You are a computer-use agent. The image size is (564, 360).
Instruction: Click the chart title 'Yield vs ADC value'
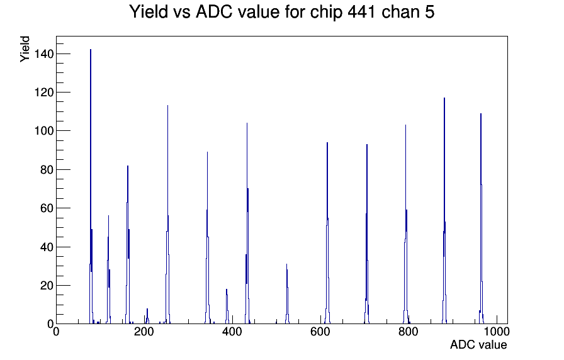(205, 11)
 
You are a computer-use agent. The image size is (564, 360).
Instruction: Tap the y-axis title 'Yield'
(25, 49)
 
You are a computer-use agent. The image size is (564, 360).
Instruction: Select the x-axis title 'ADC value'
(478, 344)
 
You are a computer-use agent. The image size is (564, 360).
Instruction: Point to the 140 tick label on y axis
(43, 54)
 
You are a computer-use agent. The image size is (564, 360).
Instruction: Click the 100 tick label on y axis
(43, 131)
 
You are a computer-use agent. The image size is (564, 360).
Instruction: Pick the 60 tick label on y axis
(47, 208)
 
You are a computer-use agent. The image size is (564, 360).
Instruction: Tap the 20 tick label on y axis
(47, 286)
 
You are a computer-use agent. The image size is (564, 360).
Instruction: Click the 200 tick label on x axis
(144, 332)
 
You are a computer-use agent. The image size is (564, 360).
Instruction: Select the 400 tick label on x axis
(232, 332)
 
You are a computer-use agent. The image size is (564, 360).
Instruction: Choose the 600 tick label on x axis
(320, 332)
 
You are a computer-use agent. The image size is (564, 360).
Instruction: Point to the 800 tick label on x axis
(409, 332)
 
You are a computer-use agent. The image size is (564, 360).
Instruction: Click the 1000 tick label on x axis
(497, 332)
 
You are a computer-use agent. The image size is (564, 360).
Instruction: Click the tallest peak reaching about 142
(91, 187)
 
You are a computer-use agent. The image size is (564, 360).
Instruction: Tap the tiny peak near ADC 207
(147, 317)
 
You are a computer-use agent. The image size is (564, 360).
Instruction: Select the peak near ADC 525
(287, 294)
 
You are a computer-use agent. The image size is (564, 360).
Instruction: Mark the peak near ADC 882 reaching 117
(444, 211)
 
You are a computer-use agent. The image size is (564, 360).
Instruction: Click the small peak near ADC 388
(227, 307)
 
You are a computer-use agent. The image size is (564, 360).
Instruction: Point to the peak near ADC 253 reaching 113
(167, 215)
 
